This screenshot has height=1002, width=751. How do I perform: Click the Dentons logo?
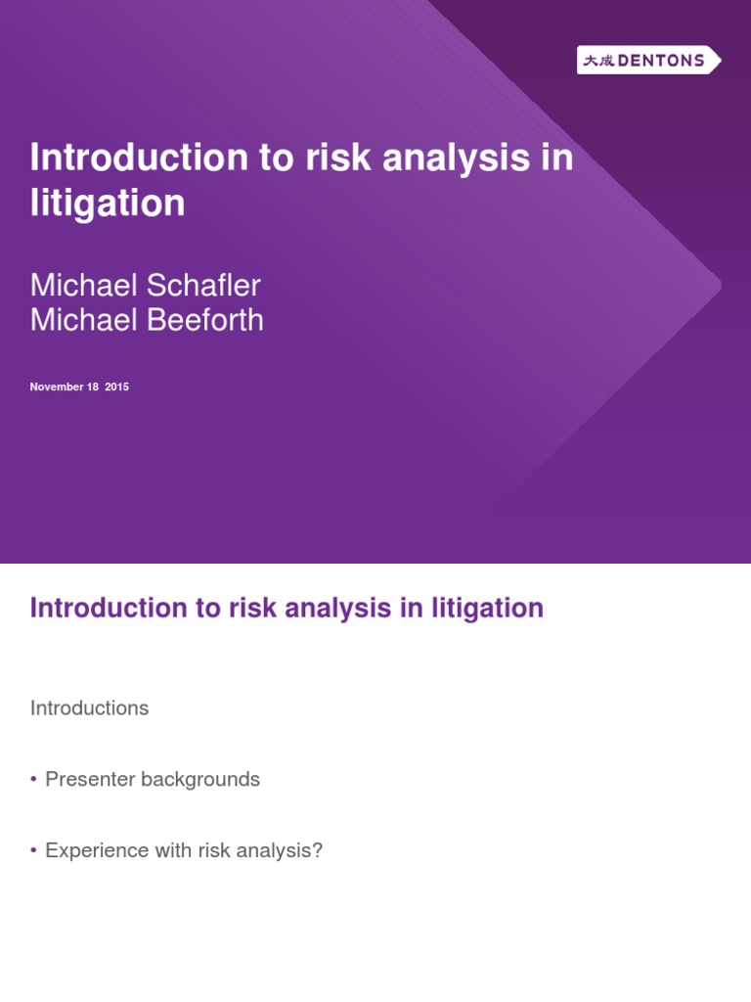tap(648, 61)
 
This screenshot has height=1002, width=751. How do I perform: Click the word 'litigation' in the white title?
tap(108, 204)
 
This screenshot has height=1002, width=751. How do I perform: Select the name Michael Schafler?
tap(145, 286)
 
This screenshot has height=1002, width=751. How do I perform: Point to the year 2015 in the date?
tap(116, 387)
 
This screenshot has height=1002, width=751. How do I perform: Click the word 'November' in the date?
tap(57, 387)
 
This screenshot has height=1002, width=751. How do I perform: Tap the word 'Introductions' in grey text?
tap(89, 708)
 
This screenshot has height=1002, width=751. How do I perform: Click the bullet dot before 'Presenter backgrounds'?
tap(33, 779)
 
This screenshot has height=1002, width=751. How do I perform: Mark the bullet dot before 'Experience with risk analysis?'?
tap(33, 850)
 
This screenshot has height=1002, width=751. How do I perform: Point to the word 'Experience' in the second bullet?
tap(95, 851)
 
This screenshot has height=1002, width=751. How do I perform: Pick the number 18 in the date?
tap(93, 387)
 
